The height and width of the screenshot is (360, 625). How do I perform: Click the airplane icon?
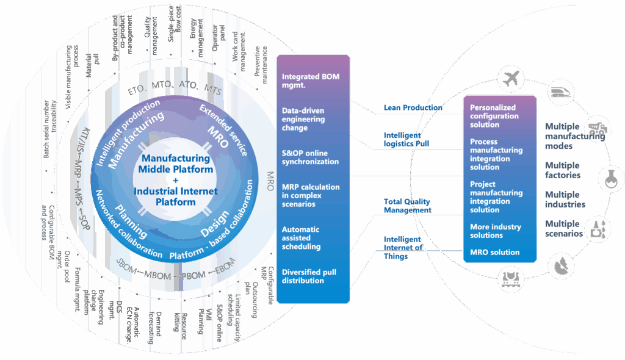(511, 79)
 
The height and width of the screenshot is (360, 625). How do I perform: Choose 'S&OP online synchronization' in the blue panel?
(310, 157)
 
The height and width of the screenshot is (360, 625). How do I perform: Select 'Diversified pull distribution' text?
(309, 276)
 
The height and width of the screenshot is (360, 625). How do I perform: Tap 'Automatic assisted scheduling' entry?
(302, 238)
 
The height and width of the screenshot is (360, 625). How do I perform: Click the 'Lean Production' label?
(413, 107)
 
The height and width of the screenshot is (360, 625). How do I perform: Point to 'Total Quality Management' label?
(407, 206)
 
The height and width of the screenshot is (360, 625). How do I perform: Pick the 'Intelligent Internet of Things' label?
(403, 248)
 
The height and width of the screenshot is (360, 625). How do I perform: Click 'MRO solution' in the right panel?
(494, 252)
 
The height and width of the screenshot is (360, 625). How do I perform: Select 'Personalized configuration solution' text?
(493, 116)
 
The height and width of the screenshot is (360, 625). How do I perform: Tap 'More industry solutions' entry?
(495, 231)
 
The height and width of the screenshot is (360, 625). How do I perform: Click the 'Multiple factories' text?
(562, 170)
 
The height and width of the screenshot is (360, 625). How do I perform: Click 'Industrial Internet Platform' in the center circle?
(176, 196)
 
